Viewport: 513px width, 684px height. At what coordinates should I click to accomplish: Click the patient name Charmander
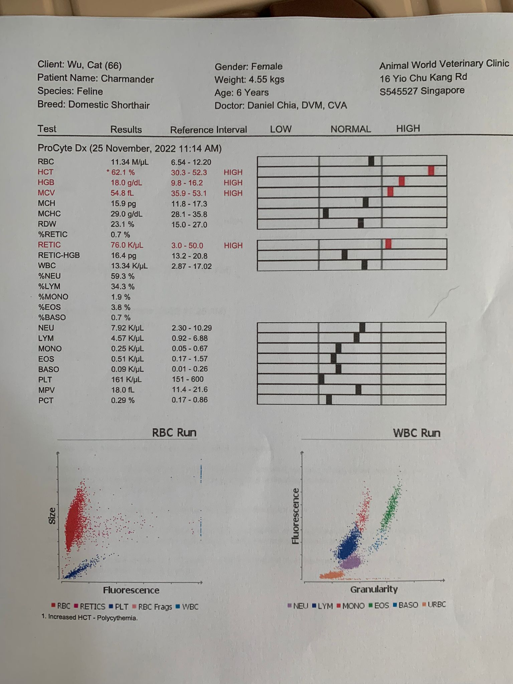127,79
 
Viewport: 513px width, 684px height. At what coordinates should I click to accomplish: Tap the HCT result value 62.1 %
123,172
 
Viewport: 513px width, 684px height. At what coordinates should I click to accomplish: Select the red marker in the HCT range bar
431,171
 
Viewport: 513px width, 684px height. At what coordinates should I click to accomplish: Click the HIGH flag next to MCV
233,193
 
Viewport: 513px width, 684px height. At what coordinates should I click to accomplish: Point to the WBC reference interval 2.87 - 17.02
191,266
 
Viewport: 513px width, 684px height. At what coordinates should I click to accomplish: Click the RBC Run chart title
174,433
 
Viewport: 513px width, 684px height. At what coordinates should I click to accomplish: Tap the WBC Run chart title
416,433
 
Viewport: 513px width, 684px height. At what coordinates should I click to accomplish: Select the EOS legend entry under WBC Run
379,605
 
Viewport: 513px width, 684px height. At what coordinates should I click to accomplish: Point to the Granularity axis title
374,589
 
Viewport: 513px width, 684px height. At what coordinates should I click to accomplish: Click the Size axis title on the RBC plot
52,516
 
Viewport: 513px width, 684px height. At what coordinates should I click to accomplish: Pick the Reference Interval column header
208,130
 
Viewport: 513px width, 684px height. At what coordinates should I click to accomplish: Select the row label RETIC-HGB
59,255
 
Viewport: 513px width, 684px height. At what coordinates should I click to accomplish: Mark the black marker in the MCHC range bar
326,213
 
